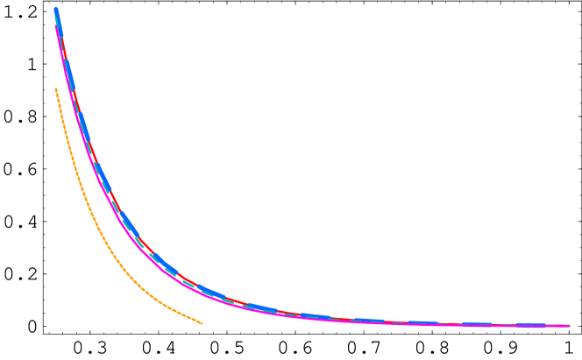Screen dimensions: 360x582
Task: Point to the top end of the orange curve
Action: point(56,88)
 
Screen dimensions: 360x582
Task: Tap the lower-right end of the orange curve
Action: point(202,323)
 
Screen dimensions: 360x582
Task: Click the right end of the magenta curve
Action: point(569,326)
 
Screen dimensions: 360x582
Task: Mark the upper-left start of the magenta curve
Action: point(56,25)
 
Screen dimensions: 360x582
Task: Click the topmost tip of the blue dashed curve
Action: point(56,10)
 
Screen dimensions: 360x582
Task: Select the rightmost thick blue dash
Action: point(530,325)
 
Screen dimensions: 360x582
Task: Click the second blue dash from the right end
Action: point(478,324)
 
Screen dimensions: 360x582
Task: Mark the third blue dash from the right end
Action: point(421,322)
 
